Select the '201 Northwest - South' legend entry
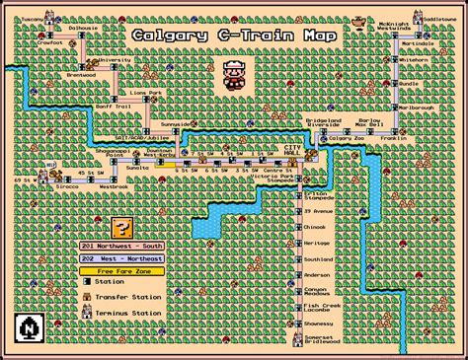[121, 247]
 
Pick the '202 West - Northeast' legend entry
[121, 258]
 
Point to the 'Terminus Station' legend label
[135, 313]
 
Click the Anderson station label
[317, 275]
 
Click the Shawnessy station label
[319, 323]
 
